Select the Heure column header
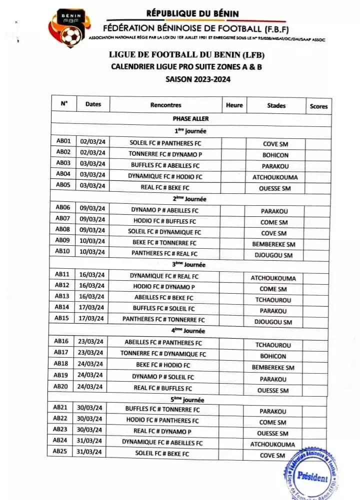pyautogui.click(x=234, y=105)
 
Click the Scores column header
pyautogui.click(x=318, y=106)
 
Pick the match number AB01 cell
pyautogui.click(x=63, y=141)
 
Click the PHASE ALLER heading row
pyautogui.click(x=190, y=119)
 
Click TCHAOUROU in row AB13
pyautogui.click(x=273, y=300)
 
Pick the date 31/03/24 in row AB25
pyautogui.click(x=90, y=452)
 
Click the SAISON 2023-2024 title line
pyautogui.click(x=190, y=78)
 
